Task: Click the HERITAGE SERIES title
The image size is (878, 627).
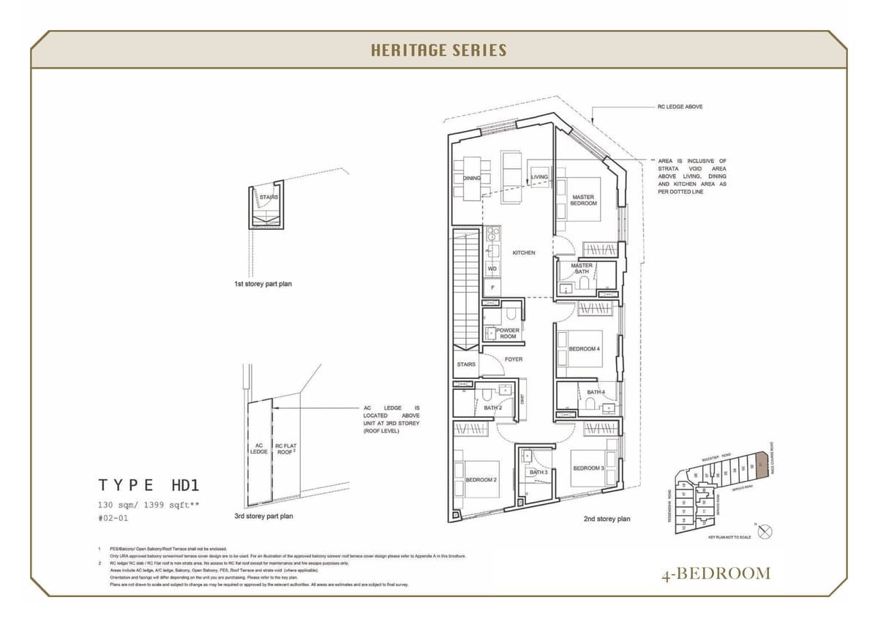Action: (438, 50)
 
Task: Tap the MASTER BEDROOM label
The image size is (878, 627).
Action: (583, 200)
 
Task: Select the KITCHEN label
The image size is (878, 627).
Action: (523, 252)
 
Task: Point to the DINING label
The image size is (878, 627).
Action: (471, 178)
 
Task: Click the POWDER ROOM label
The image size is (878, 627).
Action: (508, 333)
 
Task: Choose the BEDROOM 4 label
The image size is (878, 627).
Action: (584, 349)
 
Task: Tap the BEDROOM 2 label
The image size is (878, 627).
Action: (481, 480)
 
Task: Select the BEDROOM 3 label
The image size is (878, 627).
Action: (588, 468)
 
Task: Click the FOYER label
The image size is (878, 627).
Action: (513, 359)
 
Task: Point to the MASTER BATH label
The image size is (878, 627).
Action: (582, 269)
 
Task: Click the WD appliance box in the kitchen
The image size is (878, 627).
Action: (492, 269)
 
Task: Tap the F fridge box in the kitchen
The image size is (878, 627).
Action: (492, 288)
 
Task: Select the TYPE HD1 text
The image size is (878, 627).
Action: (149, 484)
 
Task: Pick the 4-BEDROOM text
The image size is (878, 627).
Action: (715, 573)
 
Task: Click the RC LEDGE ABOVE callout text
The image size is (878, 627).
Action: (680, 107)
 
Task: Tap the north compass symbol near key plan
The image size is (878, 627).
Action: (765, 532)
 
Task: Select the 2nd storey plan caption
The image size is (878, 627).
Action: (607, 519)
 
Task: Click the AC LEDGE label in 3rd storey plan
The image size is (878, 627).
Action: (259, 448)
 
